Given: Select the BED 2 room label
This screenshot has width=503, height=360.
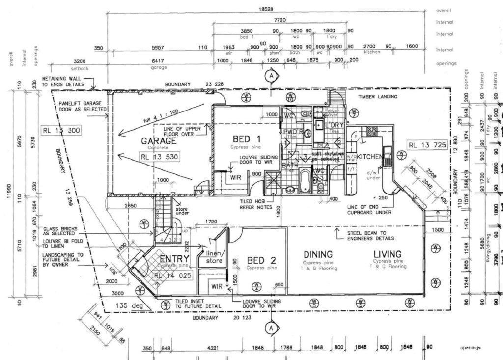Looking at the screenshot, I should [x=261, y=260].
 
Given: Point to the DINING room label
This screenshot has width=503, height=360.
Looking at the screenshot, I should [x=318, y=254].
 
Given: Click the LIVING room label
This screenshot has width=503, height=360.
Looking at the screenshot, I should [x=388, y=254].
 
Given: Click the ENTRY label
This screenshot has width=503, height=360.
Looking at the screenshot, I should [x=171, y=259].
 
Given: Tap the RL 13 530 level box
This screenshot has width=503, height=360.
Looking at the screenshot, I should [x=158, y=157].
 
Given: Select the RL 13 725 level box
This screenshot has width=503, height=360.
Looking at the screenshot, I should [x=427, y=145].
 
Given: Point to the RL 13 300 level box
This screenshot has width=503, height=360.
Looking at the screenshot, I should [x=61, y=131].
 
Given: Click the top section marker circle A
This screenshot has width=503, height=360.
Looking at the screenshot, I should [x=270, y=76].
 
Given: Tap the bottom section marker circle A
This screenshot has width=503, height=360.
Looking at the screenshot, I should [x=270, y=327].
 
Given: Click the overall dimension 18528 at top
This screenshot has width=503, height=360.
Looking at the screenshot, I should [x=266, y=10].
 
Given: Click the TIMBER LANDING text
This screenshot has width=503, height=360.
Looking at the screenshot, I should [x=378, y=97].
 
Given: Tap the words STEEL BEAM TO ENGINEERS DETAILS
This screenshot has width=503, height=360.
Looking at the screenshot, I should [x=370, y=235].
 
